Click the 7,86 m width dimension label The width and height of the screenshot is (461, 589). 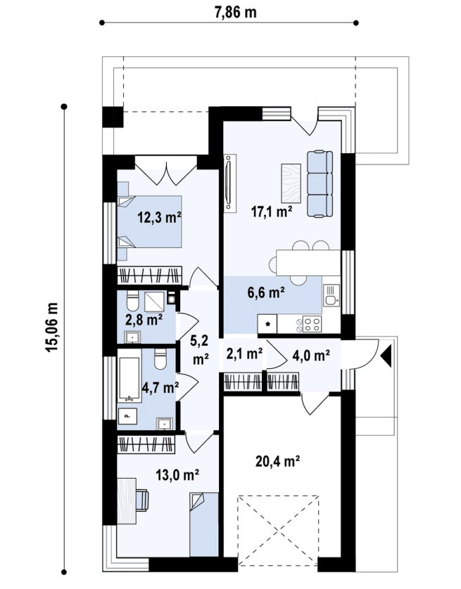click(x=235, y=12)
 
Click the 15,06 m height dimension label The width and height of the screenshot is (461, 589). click(x=52, y=327)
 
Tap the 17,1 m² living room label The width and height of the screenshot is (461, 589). click(x=272, y=212)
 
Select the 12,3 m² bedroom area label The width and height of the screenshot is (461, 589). click(x=160, y=217)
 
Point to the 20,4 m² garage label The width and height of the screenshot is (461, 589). click(x=277, y=461)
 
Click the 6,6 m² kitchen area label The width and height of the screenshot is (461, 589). click(x=266, y=292)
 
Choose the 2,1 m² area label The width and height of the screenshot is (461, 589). click(x=244, y=354)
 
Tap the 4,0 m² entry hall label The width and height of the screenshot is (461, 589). click(x=311, y=355)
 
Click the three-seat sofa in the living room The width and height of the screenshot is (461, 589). click(x=320, y=183)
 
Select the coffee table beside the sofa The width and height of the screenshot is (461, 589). click(x=291, y=184)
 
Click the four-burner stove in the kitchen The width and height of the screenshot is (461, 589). click(x=312, y=324)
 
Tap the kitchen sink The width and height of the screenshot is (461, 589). click(x=331, y=295)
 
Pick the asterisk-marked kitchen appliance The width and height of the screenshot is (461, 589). click(x=267, y=324)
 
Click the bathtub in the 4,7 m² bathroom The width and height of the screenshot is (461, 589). click(x=130, y=379)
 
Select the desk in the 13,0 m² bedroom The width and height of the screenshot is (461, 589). click(x=127, y=501)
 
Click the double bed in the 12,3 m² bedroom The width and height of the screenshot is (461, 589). click(x=150, y=221)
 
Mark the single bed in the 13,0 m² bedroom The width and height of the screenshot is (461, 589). click(x=204, y=525)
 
